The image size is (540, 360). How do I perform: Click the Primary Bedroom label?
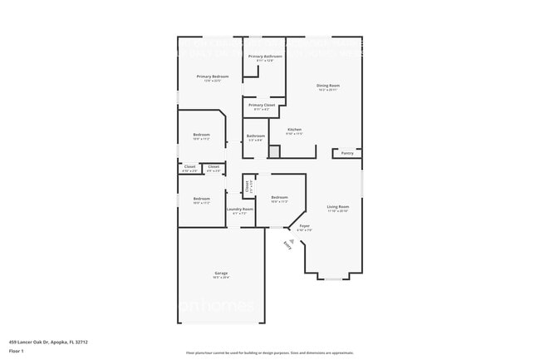click(213, 76)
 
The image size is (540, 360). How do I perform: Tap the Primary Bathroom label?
click(265, 57)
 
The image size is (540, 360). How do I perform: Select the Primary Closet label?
click(262, 106)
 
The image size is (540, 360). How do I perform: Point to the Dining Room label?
click(327, 86)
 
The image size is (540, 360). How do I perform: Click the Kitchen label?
click(294, 130)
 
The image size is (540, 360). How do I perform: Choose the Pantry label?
click(347, 153)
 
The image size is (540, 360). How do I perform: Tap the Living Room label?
click(337, 206)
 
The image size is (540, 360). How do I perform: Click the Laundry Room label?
click(240, 210)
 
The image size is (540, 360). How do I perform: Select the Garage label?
click(221, 273)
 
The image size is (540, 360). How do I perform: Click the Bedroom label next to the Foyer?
click(279, 198)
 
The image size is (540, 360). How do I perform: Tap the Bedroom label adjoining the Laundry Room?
click(202, 199)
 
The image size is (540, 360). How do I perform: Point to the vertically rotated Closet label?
click(248, 185)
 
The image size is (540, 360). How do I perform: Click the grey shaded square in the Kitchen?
click(273, 152)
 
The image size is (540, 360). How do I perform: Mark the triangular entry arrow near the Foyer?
click(292, 239)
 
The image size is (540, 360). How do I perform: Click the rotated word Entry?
click(287, 245)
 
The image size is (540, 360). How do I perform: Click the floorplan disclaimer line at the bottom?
click(269, 353)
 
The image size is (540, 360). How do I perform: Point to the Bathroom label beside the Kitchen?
click(255, 136)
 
